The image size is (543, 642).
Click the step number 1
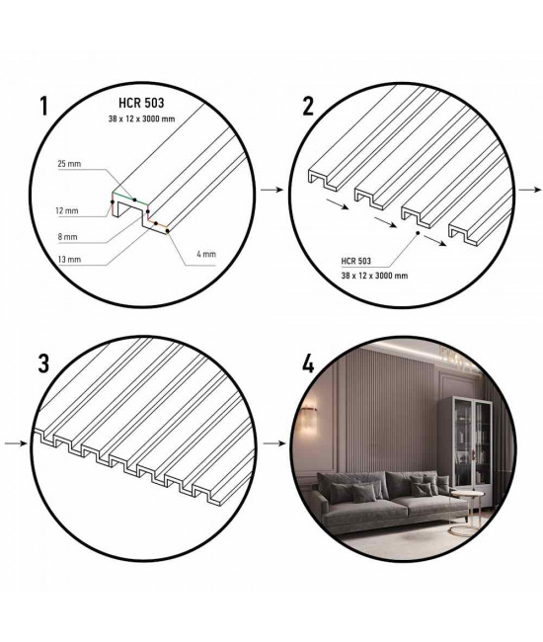[44, 107]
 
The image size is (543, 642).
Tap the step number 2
[308, 107]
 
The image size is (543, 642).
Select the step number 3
[43, 363]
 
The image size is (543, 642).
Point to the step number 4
[308, 363]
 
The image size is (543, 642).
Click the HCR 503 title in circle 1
[141, 103]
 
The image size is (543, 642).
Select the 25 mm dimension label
[69, 164]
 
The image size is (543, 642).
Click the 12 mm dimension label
[67, 211]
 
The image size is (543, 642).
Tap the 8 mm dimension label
[67, 237]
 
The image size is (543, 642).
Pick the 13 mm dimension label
[69, 260]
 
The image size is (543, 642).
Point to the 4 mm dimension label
[206, 254]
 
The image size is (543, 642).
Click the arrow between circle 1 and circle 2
[272, 190]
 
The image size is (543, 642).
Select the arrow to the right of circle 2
[530, 190]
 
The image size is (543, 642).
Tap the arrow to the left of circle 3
[16, 443]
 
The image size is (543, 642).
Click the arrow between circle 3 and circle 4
[274, 443]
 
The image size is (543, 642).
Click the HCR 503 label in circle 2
[356, 261]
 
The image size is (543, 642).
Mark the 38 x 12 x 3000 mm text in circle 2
[374, 276]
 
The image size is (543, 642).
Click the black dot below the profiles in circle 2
[418, 233]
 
